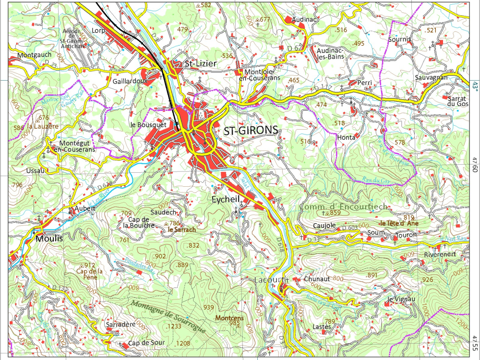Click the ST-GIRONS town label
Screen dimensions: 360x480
251,130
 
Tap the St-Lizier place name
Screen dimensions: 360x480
201,64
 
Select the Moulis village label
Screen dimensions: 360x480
48,238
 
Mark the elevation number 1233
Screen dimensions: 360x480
174,327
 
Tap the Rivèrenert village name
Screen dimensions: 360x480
440,254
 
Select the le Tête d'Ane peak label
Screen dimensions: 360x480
399,223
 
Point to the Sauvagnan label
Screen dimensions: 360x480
432,77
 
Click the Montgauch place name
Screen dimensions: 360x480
34,55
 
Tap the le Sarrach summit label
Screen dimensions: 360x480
181,229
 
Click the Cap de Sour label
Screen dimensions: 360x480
146,343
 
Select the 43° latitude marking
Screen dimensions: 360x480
475,85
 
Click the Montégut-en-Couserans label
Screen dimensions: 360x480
74,146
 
